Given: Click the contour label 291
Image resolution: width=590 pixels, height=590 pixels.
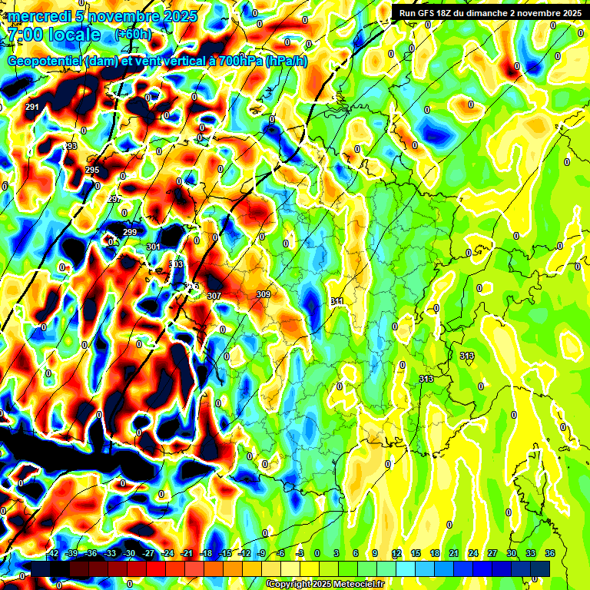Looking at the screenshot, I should (x=32, y=107).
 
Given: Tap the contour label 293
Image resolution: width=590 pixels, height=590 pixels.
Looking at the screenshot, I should (x=70, y=146).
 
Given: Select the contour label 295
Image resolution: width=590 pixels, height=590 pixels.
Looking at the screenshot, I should (x=92, y=170).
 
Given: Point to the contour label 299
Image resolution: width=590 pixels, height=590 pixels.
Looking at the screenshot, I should (x=130, y=232).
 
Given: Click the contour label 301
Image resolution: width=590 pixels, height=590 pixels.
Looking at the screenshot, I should (x=154, y=247).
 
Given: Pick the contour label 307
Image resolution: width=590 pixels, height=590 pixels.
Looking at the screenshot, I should (x=214, y=296).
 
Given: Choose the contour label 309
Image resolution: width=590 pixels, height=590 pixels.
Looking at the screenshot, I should (x=264, y=294).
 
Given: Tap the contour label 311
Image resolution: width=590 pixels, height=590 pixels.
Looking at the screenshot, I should (x=336, y=302).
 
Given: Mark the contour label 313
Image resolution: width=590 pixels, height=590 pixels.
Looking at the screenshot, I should (x=426, y=380).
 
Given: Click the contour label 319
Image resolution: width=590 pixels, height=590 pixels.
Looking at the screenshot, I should (x=467, y=356).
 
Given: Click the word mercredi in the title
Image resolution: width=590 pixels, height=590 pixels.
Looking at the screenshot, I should (x=38, y=16).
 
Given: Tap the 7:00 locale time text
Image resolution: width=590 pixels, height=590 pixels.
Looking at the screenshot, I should (x=54, y=35).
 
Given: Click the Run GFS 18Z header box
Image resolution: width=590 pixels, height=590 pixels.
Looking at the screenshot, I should (x=487, y=12).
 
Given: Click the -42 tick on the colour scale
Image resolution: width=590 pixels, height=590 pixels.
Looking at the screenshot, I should (x=53, y=553).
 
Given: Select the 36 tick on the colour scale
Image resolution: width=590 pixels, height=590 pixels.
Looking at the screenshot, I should (x=550, y=553).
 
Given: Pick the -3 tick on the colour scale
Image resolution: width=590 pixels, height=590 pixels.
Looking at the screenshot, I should (x=299, y=553).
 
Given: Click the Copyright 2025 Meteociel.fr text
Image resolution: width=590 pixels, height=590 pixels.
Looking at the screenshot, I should (x=325, y=584).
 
